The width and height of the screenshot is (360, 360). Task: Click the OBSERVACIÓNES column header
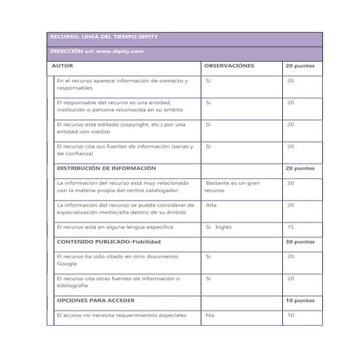click(x=229, y=65)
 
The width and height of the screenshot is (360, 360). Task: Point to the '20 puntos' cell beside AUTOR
click(x=300, y=65)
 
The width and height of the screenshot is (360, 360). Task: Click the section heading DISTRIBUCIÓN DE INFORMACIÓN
click(x=105, y=168)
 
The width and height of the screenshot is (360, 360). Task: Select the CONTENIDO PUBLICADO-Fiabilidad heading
click(x=108, y=241)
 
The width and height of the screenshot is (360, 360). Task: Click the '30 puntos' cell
click(x=300, y=241)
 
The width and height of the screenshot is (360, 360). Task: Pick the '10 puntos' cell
click(x=300, y=300)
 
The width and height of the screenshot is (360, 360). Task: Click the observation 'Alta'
click(x=212, y=204)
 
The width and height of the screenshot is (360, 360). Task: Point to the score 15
click(x=290, y=226)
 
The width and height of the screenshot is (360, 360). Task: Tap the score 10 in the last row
click(x=290, y=315)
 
